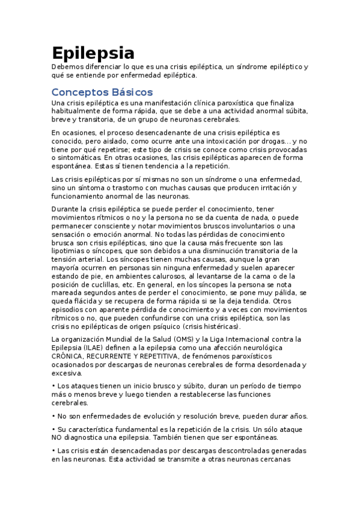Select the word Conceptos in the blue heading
point(76,92)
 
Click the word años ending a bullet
point(298,416)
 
